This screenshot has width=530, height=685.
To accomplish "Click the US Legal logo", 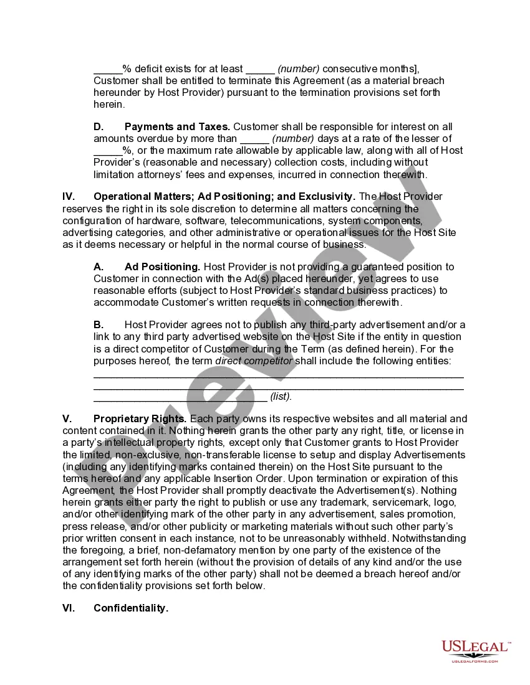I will click(x=476, y=651).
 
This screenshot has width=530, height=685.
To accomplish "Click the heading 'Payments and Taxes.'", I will click(x=177, y=126).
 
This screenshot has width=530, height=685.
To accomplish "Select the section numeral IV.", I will click(x=69, y=197).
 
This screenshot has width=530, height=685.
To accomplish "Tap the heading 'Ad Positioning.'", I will click(x=162, y=267).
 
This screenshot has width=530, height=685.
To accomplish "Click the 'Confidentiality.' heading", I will click(x=131, y=608).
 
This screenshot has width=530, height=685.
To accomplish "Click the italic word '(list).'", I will click(x=281, y=396).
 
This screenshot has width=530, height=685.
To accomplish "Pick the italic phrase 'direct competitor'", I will click(x=253, y=361).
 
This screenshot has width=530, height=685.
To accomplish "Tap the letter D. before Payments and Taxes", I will click(x=99, y=126).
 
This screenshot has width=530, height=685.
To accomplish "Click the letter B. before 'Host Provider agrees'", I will click(x=99, y=324).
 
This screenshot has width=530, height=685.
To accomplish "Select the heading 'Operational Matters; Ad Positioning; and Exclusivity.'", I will click(x=224, y=197).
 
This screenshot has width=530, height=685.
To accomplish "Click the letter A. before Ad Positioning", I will click(x=99, y=267).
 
